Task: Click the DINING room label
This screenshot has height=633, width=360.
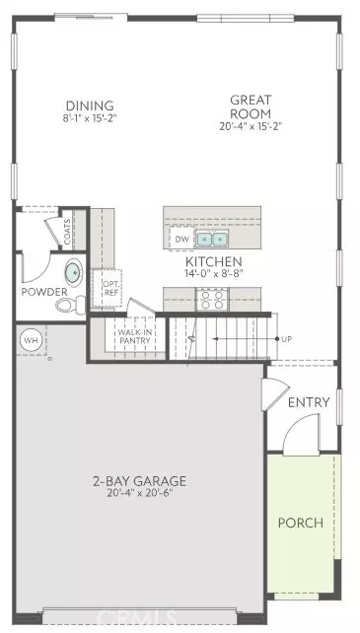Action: pyautogui.click(x=90, y=106)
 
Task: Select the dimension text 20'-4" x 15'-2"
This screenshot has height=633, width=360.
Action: pyautogui.click(x=251, y=125)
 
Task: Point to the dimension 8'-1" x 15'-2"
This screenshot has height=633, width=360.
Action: pyautogui.click(x=90, y=119)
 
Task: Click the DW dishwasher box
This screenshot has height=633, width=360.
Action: pyautogui.click(x=180, y=239)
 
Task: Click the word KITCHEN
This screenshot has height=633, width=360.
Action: pyautogui.click(x=214, y=263)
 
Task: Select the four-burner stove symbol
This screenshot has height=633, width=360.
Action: pyautogui.click(x=213, y=300)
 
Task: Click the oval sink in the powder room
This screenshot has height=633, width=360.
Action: pyautogui.click(x=73, y=273)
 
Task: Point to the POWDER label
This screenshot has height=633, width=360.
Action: pyautogui.click(x=43, y=292)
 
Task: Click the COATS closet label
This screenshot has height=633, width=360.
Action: pyautogui.click(x=67, y=235)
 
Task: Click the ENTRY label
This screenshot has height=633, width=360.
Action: pyautogui.click(x=308, y=403)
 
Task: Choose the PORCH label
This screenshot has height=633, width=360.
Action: pyautogui.click(x=300, y=522)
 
